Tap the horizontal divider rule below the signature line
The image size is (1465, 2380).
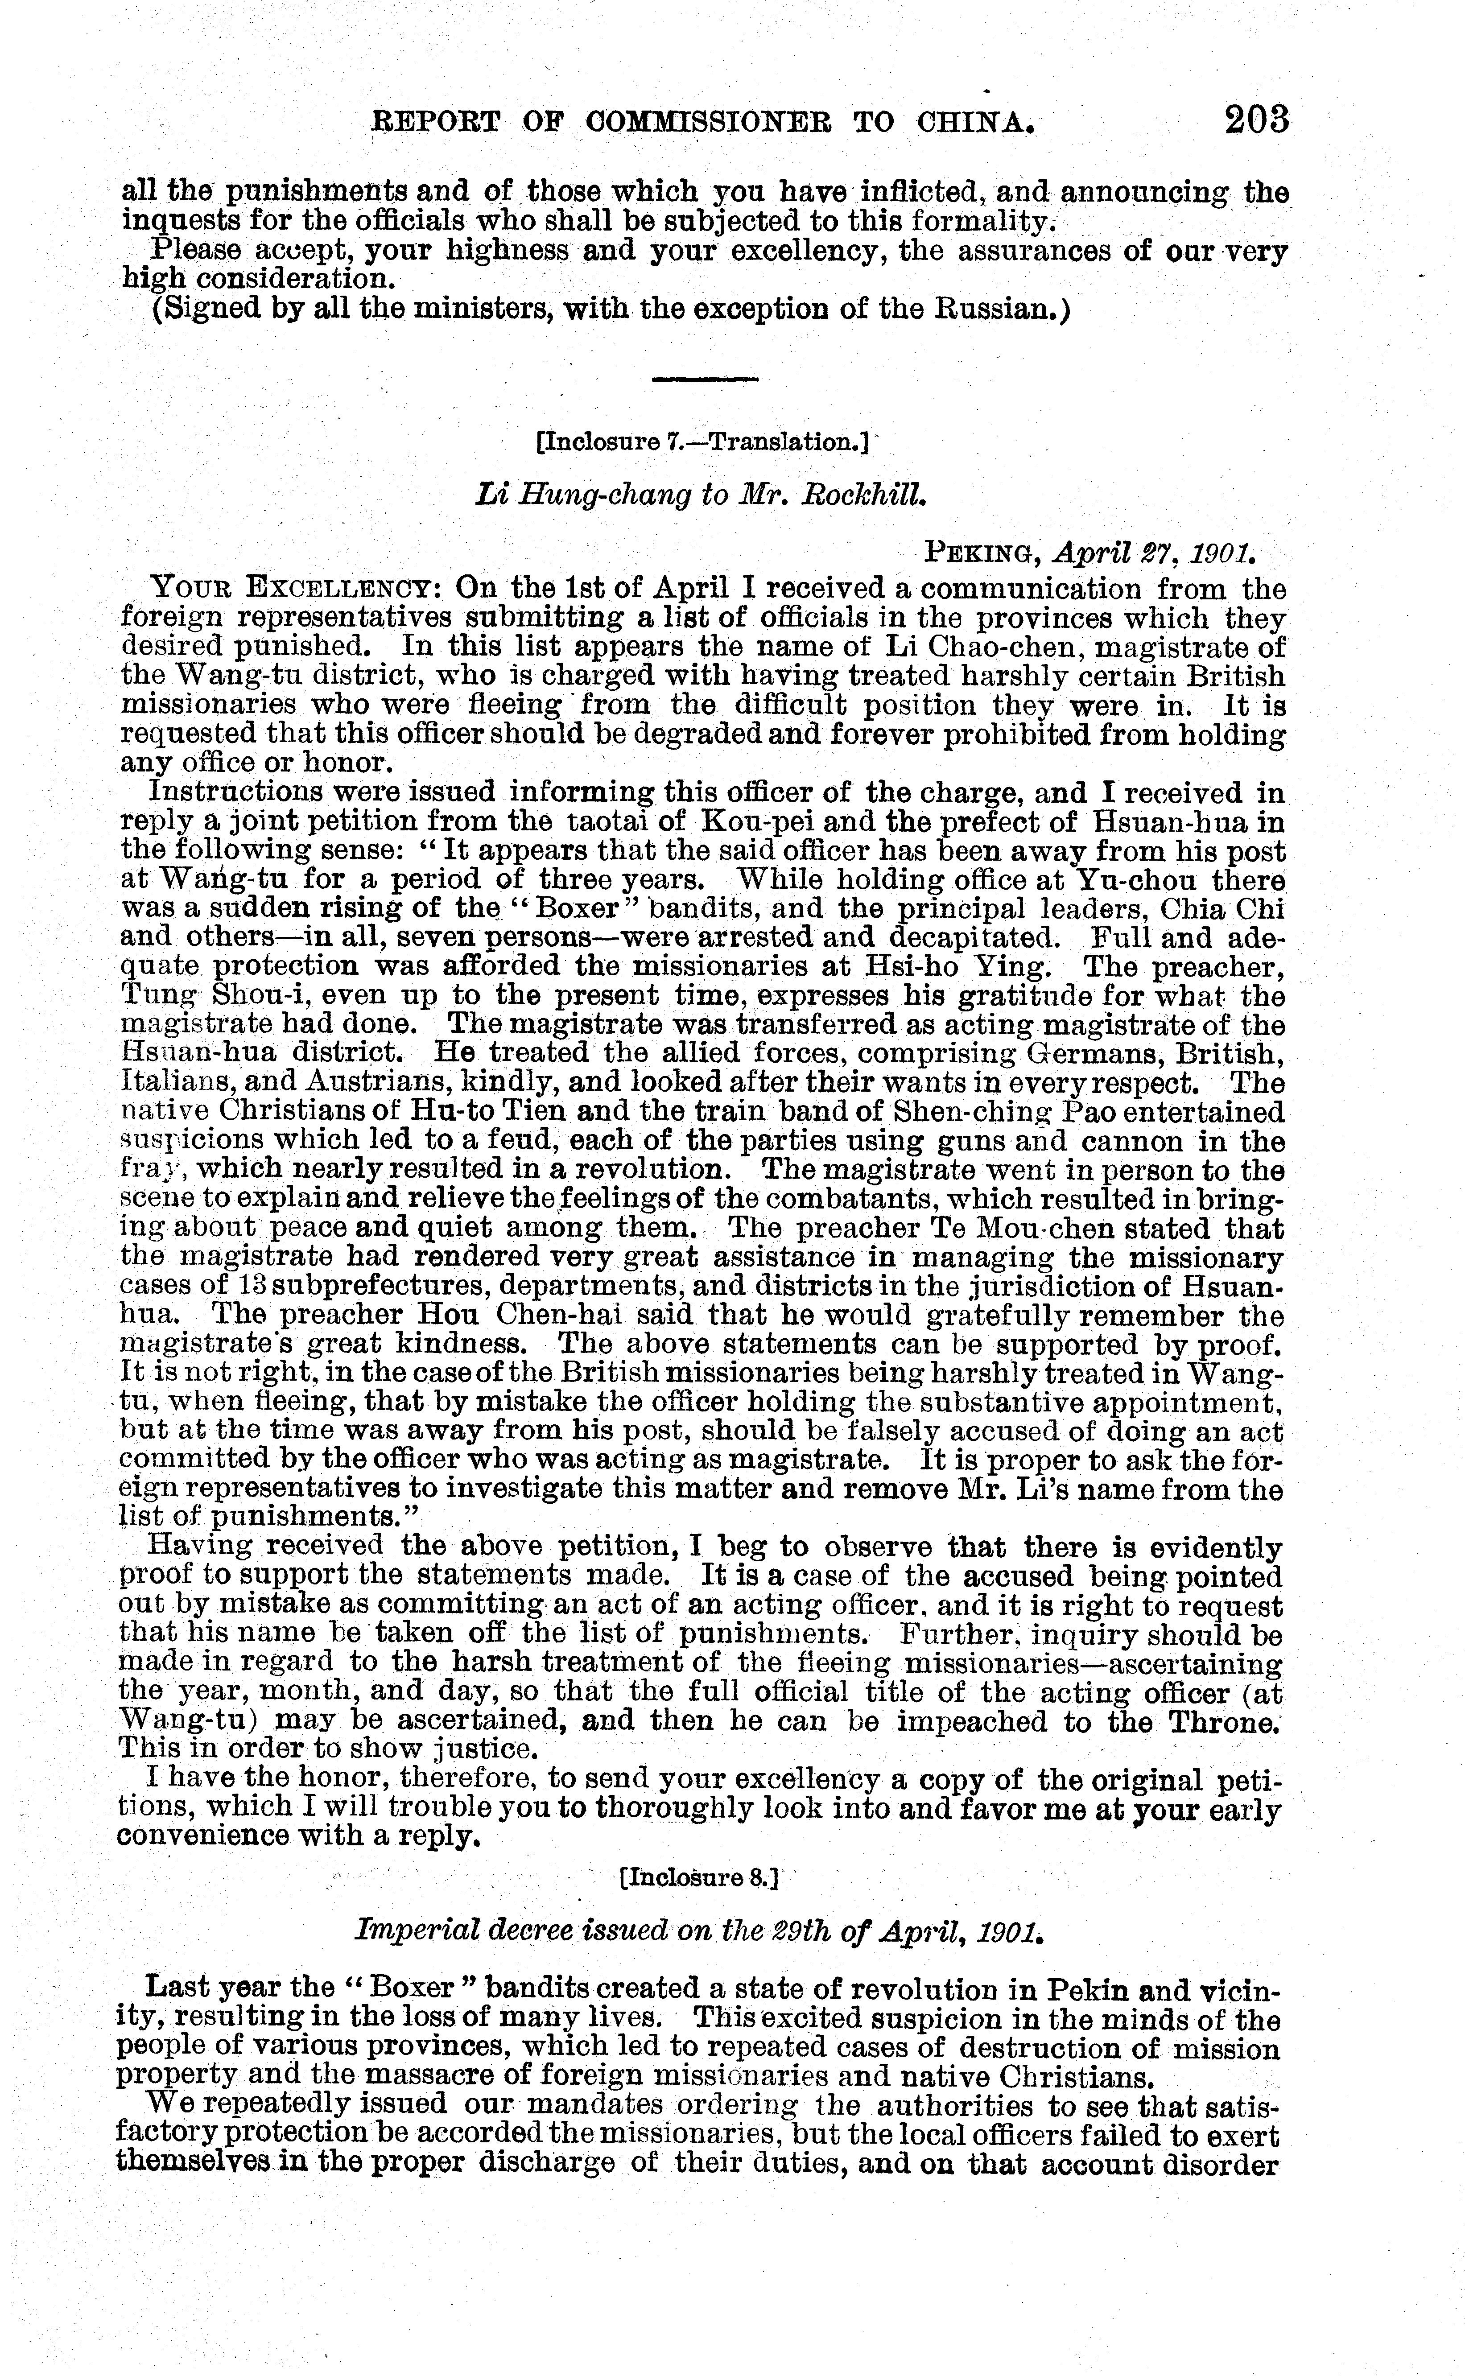pyautogui.click(x=704, y=378)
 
